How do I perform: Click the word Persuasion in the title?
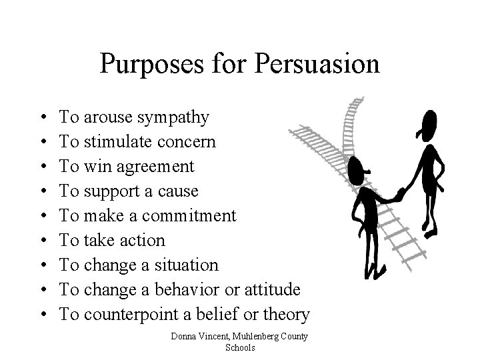(325, 65)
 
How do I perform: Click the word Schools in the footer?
(240, 347)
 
